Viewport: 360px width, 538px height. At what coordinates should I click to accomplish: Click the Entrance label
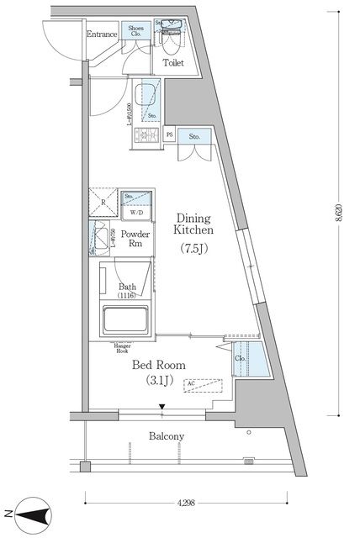(x=101, y=34)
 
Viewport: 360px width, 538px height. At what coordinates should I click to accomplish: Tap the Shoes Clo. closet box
(x=135, y=32)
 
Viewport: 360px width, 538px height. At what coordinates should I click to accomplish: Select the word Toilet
(x=174, y=61)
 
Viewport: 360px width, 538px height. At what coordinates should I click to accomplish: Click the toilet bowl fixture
(x=172, y=38)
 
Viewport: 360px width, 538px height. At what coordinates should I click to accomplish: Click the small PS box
(x=170, y=135)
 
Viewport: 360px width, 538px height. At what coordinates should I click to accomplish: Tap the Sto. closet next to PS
(x=194, y=137)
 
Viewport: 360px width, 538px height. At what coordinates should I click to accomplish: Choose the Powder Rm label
(x=135, y=239)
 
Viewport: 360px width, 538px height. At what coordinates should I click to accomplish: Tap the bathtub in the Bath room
(x=126, y=320)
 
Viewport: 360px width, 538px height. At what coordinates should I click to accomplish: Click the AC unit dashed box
(x=203, y=386)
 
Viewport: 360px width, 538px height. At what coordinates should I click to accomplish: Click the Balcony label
(x=167, y=436)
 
